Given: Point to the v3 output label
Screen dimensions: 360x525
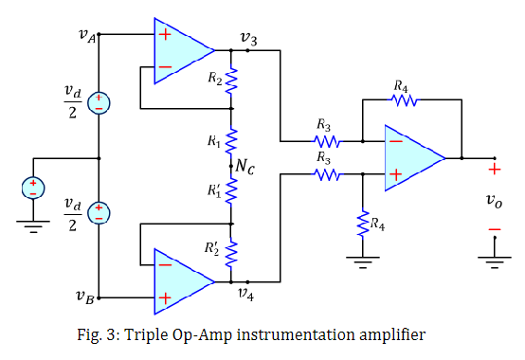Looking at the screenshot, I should pyautogui.click(x=247, y=37).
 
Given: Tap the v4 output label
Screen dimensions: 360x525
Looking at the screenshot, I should pyautogui.click(x=246, y=294).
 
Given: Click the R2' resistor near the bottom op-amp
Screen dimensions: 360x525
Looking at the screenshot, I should pyautogui.click(x=231, y=252).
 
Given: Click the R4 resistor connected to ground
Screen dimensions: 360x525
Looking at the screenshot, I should pyautogui.click(x=362, y=225).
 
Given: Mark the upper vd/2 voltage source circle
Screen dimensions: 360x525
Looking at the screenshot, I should pyautogui.click(x=100, y=105).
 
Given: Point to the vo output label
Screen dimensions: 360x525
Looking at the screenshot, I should pyautogui.click(x=493, y=200).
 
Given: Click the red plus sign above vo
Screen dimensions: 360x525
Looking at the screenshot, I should pyautogui.click(x=494, y=171).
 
